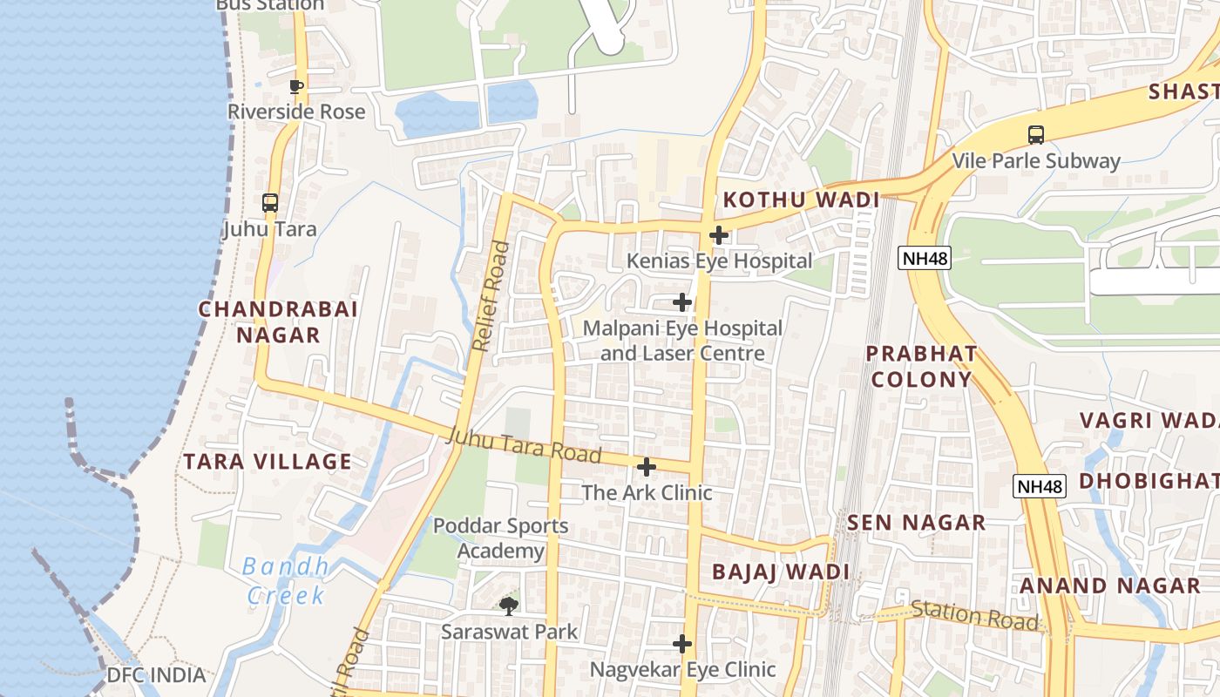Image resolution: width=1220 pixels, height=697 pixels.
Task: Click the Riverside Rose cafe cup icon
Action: pos(296,86)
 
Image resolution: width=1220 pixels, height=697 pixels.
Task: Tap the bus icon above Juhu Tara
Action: pos(270,203)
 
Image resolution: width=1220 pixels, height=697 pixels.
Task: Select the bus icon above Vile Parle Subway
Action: pos(1035,135)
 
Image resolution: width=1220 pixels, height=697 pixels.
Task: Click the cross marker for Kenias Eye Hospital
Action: pos(719,234)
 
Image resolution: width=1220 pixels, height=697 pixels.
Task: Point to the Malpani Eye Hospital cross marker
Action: pos(682,302)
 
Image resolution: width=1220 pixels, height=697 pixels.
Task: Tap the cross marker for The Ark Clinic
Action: pos(646,467)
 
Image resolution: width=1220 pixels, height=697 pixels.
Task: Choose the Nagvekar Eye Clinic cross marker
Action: pos(682,644)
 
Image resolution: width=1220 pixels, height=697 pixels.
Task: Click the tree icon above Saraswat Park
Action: pos(509,605)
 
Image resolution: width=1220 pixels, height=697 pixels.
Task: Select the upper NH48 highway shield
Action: pos(924,258)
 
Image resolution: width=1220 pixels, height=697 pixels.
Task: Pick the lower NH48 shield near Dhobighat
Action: pos(1040,486)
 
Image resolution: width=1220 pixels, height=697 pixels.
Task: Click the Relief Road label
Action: pos(490,296)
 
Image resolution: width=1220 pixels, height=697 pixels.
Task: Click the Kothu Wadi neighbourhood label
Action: pos(802,200)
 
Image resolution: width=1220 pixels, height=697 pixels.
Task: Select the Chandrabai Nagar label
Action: pos(278,321)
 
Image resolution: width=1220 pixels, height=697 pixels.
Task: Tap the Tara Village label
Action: pos(268,462)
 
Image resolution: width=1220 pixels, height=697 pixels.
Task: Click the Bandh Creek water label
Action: pos(286,581)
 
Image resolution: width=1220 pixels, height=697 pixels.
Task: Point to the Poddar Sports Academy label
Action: pos(500,538)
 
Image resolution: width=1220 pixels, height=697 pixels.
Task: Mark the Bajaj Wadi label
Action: pos(780,572)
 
